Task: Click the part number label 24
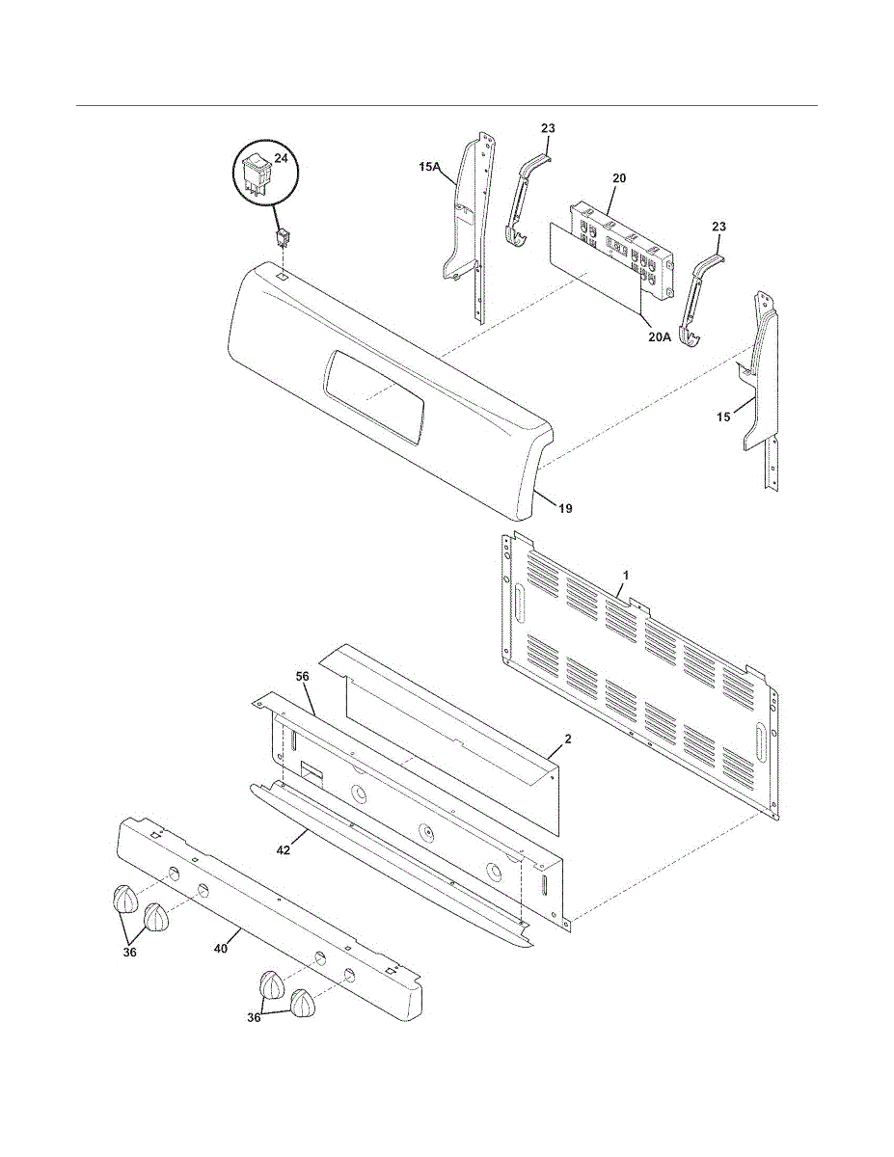tap(281, 157)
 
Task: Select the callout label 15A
tap(429, 167)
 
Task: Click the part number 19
tap(565, 508)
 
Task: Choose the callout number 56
tap(303, 676)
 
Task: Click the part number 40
tap(221, 949)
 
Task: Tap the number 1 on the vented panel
tap(626, 575)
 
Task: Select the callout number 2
tap(568, 739)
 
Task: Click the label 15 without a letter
tap(723, 417)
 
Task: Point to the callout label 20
tap(619, 177)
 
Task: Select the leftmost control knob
tap(125, 899)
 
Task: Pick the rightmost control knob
tap(304, 1004)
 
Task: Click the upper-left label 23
tap(548, 128)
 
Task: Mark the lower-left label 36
tap(130, 953)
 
